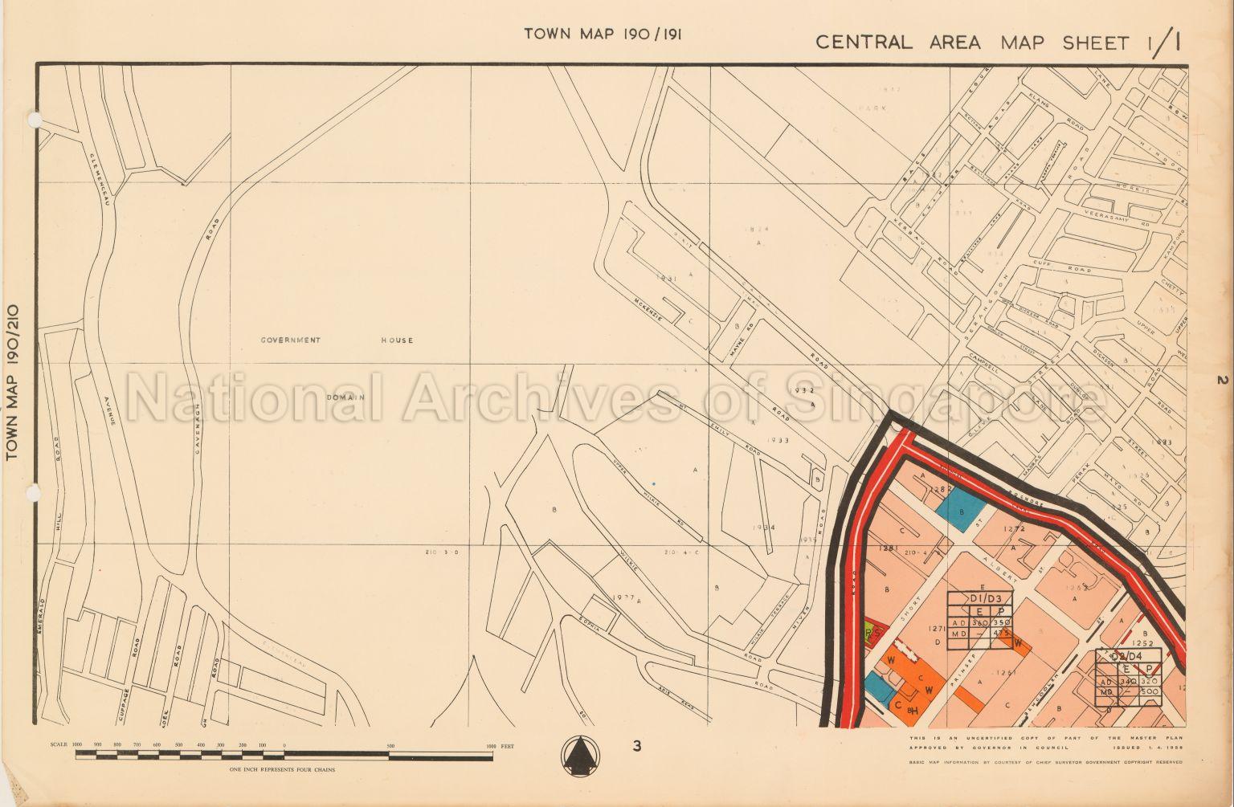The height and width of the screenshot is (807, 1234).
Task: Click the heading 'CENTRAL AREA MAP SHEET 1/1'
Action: coord(997,42)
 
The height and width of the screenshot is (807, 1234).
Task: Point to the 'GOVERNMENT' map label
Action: coord(290,340)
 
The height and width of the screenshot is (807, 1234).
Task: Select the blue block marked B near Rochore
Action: coord(961,509)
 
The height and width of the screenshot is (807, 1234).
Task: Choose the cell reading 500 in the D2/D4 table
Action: coord(1149,691)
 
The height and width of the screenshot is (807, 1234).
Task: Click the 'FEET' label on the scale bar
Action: coord(506,746)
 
